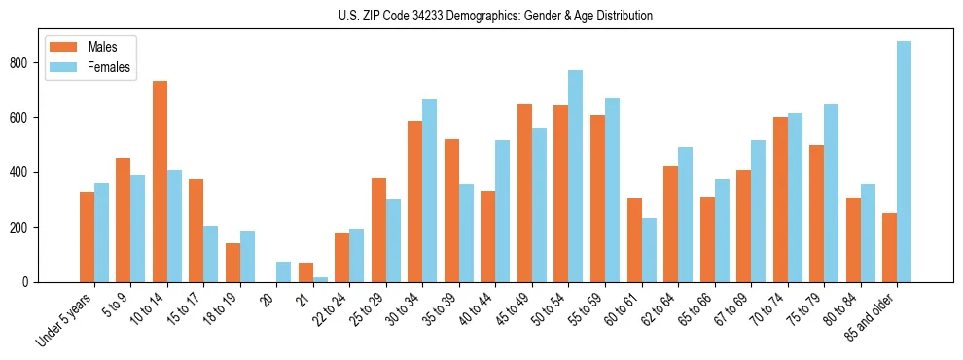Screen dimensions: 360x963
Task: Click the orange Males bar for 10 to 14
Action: click(x=160, y=181)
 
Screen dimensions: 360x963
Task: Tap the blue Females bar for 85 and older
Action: click(x=904, y=162)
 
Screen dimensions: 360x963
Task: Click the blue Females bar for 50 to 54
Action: click(x=576, y=176)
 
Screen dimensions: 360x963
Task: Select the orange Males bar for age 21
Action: click(x=305, y=272)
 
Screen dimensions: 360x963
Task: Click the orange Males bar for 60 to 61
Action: click(x=634, y=240)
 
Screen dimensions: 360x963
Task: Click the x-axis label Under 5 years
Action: click(x=65, y=318)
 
